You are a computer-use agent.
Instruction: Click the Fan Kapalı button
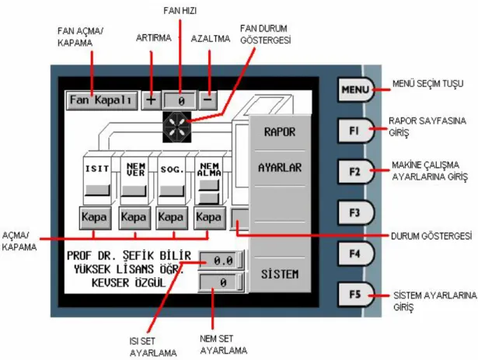coord(102,100)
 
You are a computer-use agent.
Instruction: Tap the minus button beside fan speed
coord(208,100)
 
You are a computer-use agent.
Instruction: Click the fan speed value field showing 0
coord(180,100)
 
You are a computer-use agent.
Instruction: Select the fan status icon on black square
coord(176,127)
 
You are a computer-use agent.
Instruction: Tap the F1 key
coord(355,131)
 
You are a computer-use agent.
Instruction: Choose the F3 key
coord(355,212)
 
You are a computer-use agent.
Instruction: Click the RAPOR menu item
coord(280,132)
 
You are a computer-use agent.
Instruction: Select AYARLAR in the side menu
coord(280,168)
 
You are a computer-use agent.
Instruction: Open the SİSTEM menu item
coord(280,274)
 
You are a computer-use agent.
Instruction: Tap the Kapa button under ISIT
coord(95,218)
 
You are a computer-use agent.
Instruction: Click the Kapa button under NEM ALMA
coord(209,218)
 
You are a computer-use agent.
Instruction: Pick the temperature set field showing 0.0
coord(222,260)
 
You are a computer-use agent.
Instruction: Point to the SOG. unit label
coord(173,170)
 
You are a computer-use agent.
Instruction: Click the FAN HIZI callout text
coord(180,11)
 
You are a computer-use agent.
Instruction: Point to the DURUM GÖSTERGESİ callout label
coord(431,236)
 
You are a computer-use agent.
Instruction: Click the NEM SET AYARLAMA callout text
coord(223,344)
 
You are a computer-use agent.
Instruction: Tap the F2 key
coord(355,172)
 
